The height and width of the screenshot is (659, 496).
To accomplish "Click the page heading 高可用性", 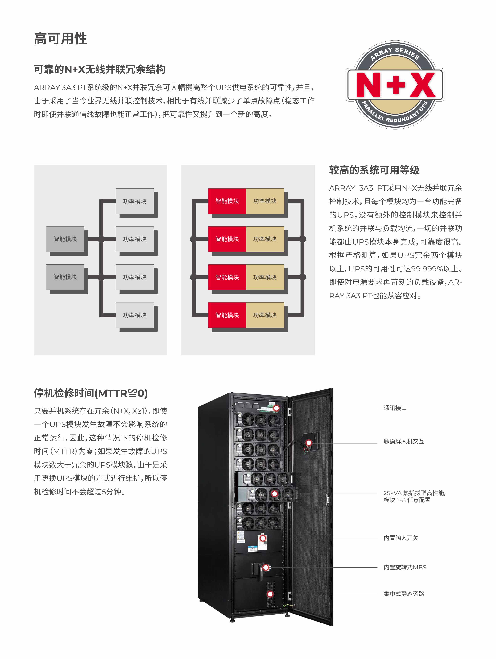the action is point(60,39).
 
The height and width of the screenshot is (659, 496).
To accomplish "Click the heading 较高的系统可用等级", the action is point(374,170).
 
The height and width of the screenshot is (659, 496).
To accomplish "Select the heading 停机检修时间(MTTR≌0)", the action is point(91,393).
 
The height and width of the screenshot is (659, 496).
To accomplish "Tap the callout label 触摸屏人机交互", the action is point(404,441).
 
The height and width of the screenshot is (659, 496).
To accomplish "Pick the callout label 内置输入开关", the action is point(401,538).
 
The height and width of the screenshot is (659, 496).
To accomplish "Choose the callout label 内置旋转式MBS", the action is point(405,567).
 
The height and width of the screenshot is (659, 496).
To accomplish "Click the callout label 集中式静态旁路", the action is point(404,594).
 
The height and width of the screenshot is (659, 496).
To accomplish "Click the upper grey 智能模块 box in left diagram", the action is point(65,239).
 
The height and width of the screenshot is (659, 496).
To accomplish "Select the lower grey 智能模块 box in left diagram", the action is point(65,277).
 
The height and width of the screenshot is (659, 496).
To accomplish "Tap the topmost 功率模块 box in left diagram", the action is point(134,201).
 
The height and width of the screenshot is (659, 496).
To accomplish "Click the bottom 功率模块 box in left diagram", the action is point(134,315).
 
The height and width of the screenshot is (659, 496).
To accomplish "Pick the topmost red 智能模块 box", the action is point(227,201).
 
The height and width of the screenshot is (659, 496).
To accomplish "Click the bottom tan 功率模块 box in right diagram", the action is point(265,315).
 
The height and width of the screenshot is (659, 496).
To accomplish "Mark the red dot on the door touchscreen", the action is point(309,443).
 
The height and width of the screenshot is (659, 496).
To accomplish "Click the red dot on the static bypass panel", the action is point(270,594).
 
